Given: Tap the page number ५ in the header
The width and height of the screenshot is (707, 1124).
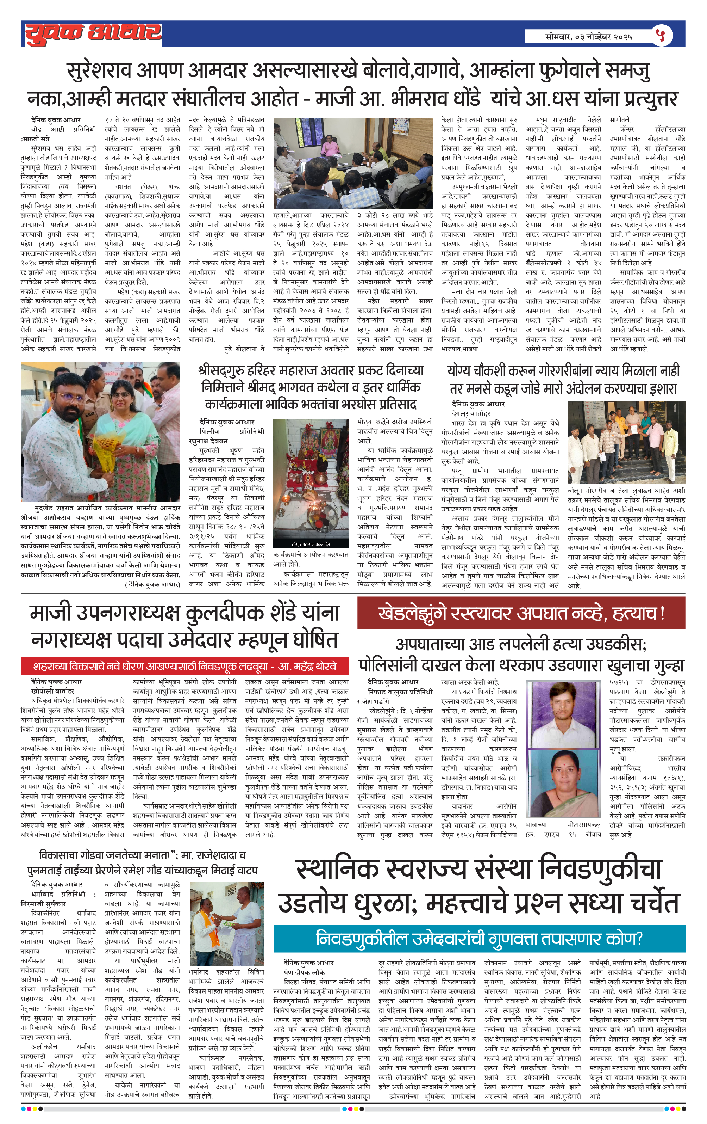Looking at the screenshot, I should tap(661, 35).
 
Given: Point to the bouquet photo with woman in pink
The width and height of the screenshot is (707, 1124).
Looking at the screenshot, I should tap(100, 432).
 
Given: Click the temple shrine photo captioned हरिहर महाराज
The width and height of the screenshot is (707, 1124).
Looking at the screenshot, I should tap(311, 483).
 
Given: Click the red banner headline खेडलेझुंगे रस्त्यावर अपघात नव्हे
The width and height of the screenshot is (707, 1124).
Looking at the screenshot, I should tap(521, 613).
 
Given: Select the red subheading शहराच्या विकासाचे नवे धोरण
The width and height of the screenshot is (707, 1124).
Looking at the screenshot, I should tap(185, 666).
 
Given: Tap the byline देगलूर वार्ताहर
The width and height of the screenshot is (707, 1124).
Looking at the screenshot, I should tap(471, 413).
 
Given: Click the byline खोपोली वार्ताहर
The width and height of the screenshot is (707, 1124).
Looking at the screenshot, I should tap(53, 690).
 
